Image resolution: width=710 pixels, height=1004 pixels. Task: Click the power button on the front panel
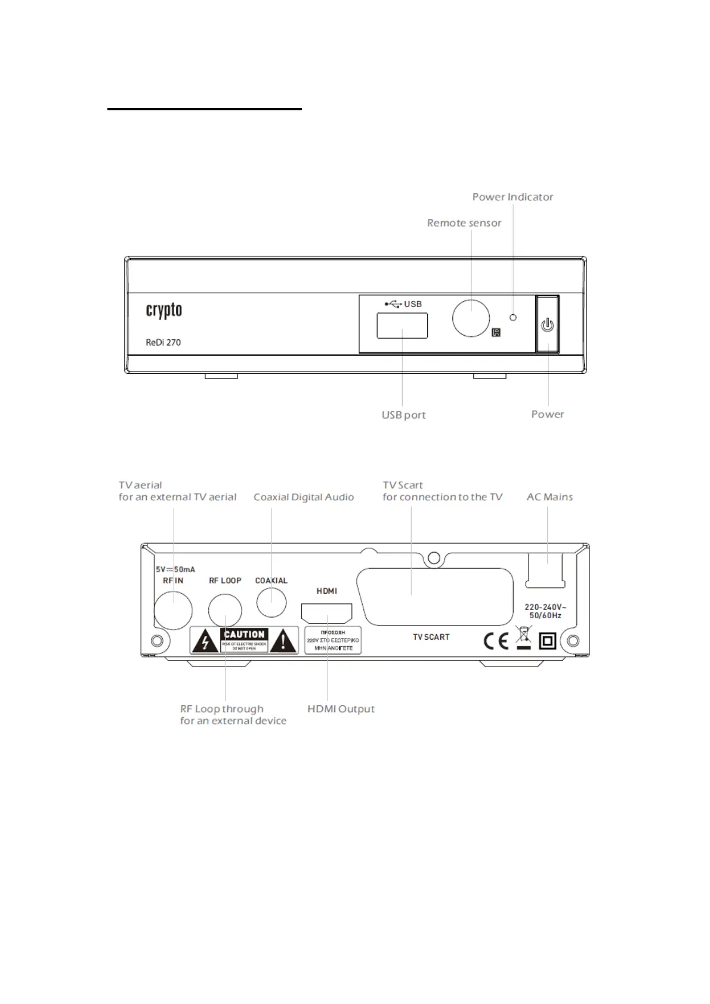547,325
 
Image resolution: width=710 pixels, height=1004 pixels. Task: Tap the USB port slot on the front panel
402,326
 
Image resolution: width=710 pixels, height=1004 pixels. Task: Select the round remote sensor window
471,318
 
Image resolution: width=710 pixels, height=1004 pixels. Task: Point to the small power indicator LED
513,317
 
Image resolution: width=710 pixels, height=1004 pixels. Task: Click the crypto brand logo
164,311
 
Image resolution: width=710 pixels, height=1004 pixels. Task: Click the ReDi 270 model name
163,342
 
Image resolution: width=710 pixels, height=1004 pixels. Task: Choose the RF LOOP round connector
225,611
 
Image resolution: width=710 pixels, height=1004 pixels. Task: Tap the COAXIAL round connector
271,602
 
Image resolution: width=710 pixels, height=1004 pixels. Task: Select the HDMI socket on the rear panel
327,613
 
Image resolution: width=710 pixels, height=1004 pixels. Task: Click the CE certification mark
496,641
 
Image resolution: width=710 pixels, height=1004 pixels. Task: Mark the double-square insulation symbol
548,641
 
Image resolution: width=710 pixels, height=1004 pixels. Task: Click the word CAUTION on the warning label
245,634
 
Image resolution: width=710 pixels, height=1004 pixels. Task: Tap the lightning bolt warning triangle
205,642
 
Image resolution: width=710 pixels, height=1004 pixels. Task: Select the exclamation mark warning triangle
284,642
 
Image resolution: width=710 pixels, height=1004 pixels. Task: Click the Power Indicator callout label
513,197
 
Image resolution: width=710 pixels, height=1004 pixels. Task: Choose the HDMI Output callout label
341,709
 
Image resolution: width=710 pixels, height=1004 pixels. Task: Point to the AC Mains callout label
550,497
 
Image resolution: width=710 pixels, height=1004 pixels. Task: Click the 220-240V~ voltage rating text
545,607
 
